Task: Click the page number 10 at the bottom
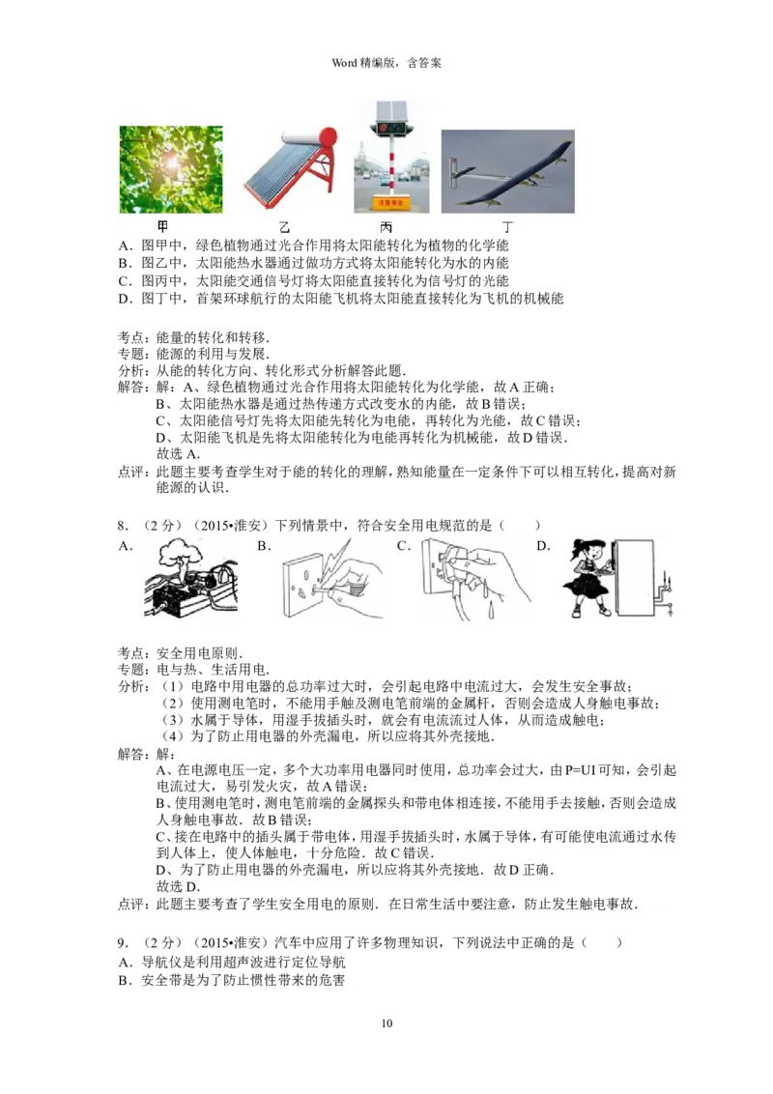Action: pos(386,1022)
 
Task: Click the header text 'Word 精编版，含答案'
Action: pos(386,63)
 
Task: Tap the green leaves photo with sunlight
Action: pos(171,169)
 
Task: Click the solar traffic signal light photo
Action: pos(390,157)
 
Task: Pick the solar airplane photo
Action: pos(508,172)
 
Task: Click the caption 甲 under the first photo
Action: pos(162,227)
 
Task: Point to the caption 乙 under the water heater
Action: pos(284,227)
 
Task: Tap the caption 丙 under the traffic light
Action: pos(386,227)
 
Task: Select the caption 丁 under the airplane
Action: pos(508,227)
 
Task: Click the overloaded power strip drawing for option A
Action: pos(190,579)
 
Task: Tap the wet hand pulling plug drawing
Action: pos(474,579)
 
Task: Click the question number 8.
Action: pos(123,526)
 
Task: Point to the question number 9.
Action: pos(123,943)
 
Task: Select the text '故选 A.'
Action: pos(178,454)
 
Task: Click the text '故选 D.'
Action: pos(178,887)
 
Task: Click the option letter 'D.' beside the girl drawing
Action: pos(544,546)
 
